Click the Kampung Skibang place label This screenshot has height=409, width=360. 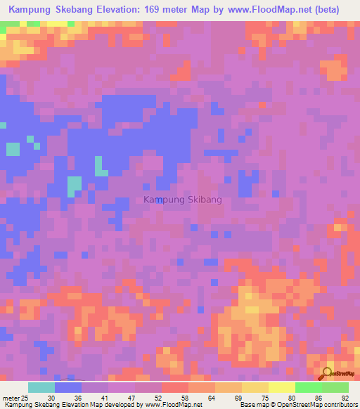182,200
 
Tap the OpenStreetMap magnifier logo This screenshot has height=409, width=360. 326,374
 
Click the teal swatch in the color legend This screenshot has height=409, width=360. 41,387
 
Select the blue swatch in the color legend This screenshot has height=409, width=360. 68,387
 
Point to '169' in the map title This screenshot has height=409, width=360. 176,10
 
